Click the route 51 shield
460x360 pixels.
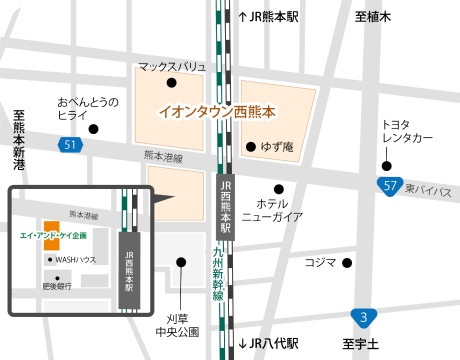69,146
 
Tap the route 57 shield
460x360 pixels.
391,186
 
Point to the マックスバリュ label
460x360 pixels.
172,66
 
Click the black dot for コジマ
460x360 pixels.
346,263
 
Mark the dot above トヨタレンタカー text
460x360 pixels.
387,165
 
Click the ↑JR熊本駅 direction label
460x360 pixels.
270,17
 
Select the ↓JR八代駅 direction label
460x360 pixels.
269,344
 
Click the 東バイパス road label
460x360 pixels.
431,190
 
